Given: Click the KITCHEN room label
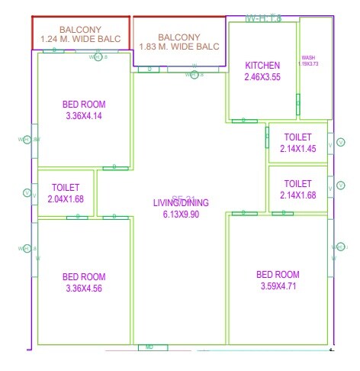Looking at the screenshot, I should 262,66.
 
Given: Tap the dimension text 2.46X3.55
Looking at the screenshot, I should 262,77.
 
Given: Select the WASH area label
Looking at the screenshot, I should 308,58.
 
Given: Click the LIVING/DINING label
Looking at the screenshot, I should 180,203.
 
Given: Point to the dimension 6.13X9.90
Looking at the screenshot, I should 180,215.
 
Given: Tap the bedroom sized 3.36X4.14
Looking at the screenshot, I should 84,110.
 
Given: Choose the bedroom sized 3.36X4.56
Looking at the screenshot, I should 84,282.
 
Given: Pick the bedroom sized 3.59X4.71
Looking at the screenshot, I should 278,280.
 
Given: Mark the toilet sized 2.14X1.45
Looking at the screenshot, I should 297,143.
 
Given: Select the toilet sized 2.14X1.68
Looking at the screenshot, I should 297,189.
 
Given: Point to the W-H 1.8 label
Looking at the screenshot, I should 264,17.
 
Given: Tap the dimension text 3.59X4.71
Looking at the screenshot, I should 278,286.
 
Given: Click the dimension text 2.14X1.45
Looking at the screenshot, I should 297,149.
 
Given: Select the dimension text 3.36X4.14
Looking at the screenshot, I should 84,116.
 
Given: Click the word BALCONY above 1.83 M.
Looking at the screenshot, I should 178,37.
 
